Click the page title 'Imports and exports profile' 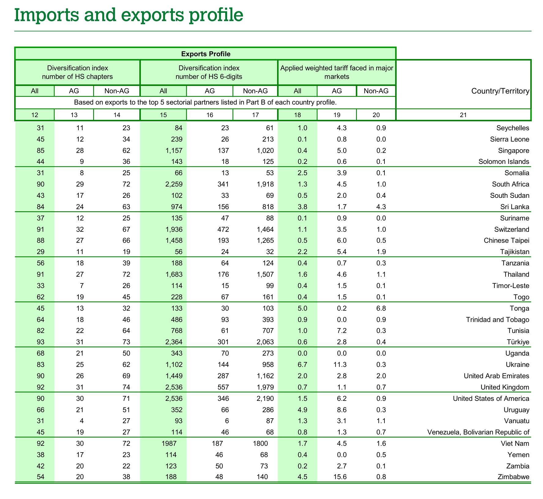point(129,15)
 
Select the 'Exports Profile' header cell point(206,54)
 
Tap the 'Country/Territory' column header point(500,91)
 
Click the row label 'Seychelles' point(513,128)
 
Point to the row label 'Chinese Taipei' point(506,241)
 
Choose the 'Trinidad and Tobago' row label point(497,320)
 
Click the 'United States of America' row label point(491,399)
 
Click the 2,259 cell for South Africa point(174,184)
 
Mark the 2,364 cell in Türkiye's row point(174,342)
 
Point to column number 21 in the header point(463,115)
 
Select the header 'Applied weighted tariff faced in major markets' point(337,72)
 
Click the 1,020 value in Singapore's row point(265,151)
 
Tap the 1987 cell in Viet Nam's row point(169,444)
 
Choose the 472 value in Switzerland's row point(223,230)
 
